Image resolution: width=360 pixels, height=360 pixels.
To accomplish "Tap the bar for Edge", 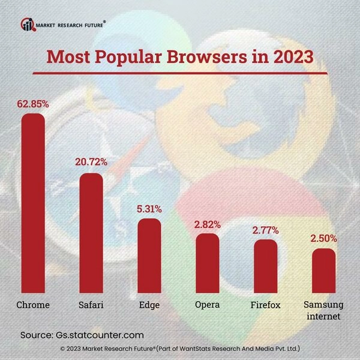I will (149, 255).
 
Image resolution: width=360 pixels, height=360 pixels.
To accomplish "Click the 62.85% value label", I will (33, 104).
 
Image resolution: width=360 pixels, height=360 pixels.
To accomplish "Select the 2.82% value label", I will (208, 224).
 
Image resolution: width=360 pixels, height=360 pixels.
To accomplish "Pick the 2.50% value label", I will (323, 239).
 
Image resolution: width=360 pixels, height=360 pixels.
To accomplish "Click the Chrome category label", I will (33, 305).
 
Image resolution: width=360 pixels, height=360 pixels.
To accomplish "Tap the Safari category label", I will (91, 305).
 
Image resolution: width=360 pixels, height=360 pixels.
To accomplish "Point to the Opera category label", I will (208, 305).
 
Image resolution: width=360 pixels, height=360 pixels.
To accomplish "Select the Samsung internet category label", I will (323, 310).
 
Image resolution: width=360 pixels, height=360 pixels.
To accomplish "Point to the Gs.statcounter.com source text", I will (99, 335).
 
